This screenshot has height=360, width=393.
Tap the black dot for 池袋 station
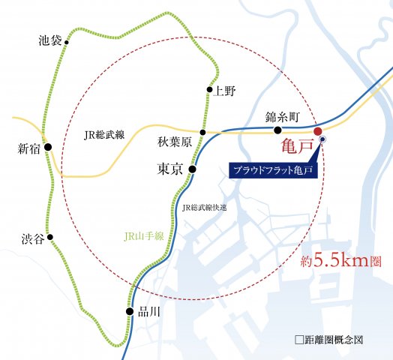point(67,43)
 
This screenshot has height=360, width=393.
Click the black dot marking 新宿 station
point(48,148)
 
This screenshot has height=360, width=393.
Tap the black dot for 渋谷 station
point(50,238)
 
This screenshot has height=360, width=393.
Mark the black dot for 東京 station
point(192,169)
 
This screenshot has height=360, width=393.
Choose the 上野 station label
point(225,91)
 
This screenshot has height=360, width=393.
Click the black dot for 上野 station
point(209,91)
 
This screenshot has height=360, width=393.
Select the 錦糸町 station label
point(283,118)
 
